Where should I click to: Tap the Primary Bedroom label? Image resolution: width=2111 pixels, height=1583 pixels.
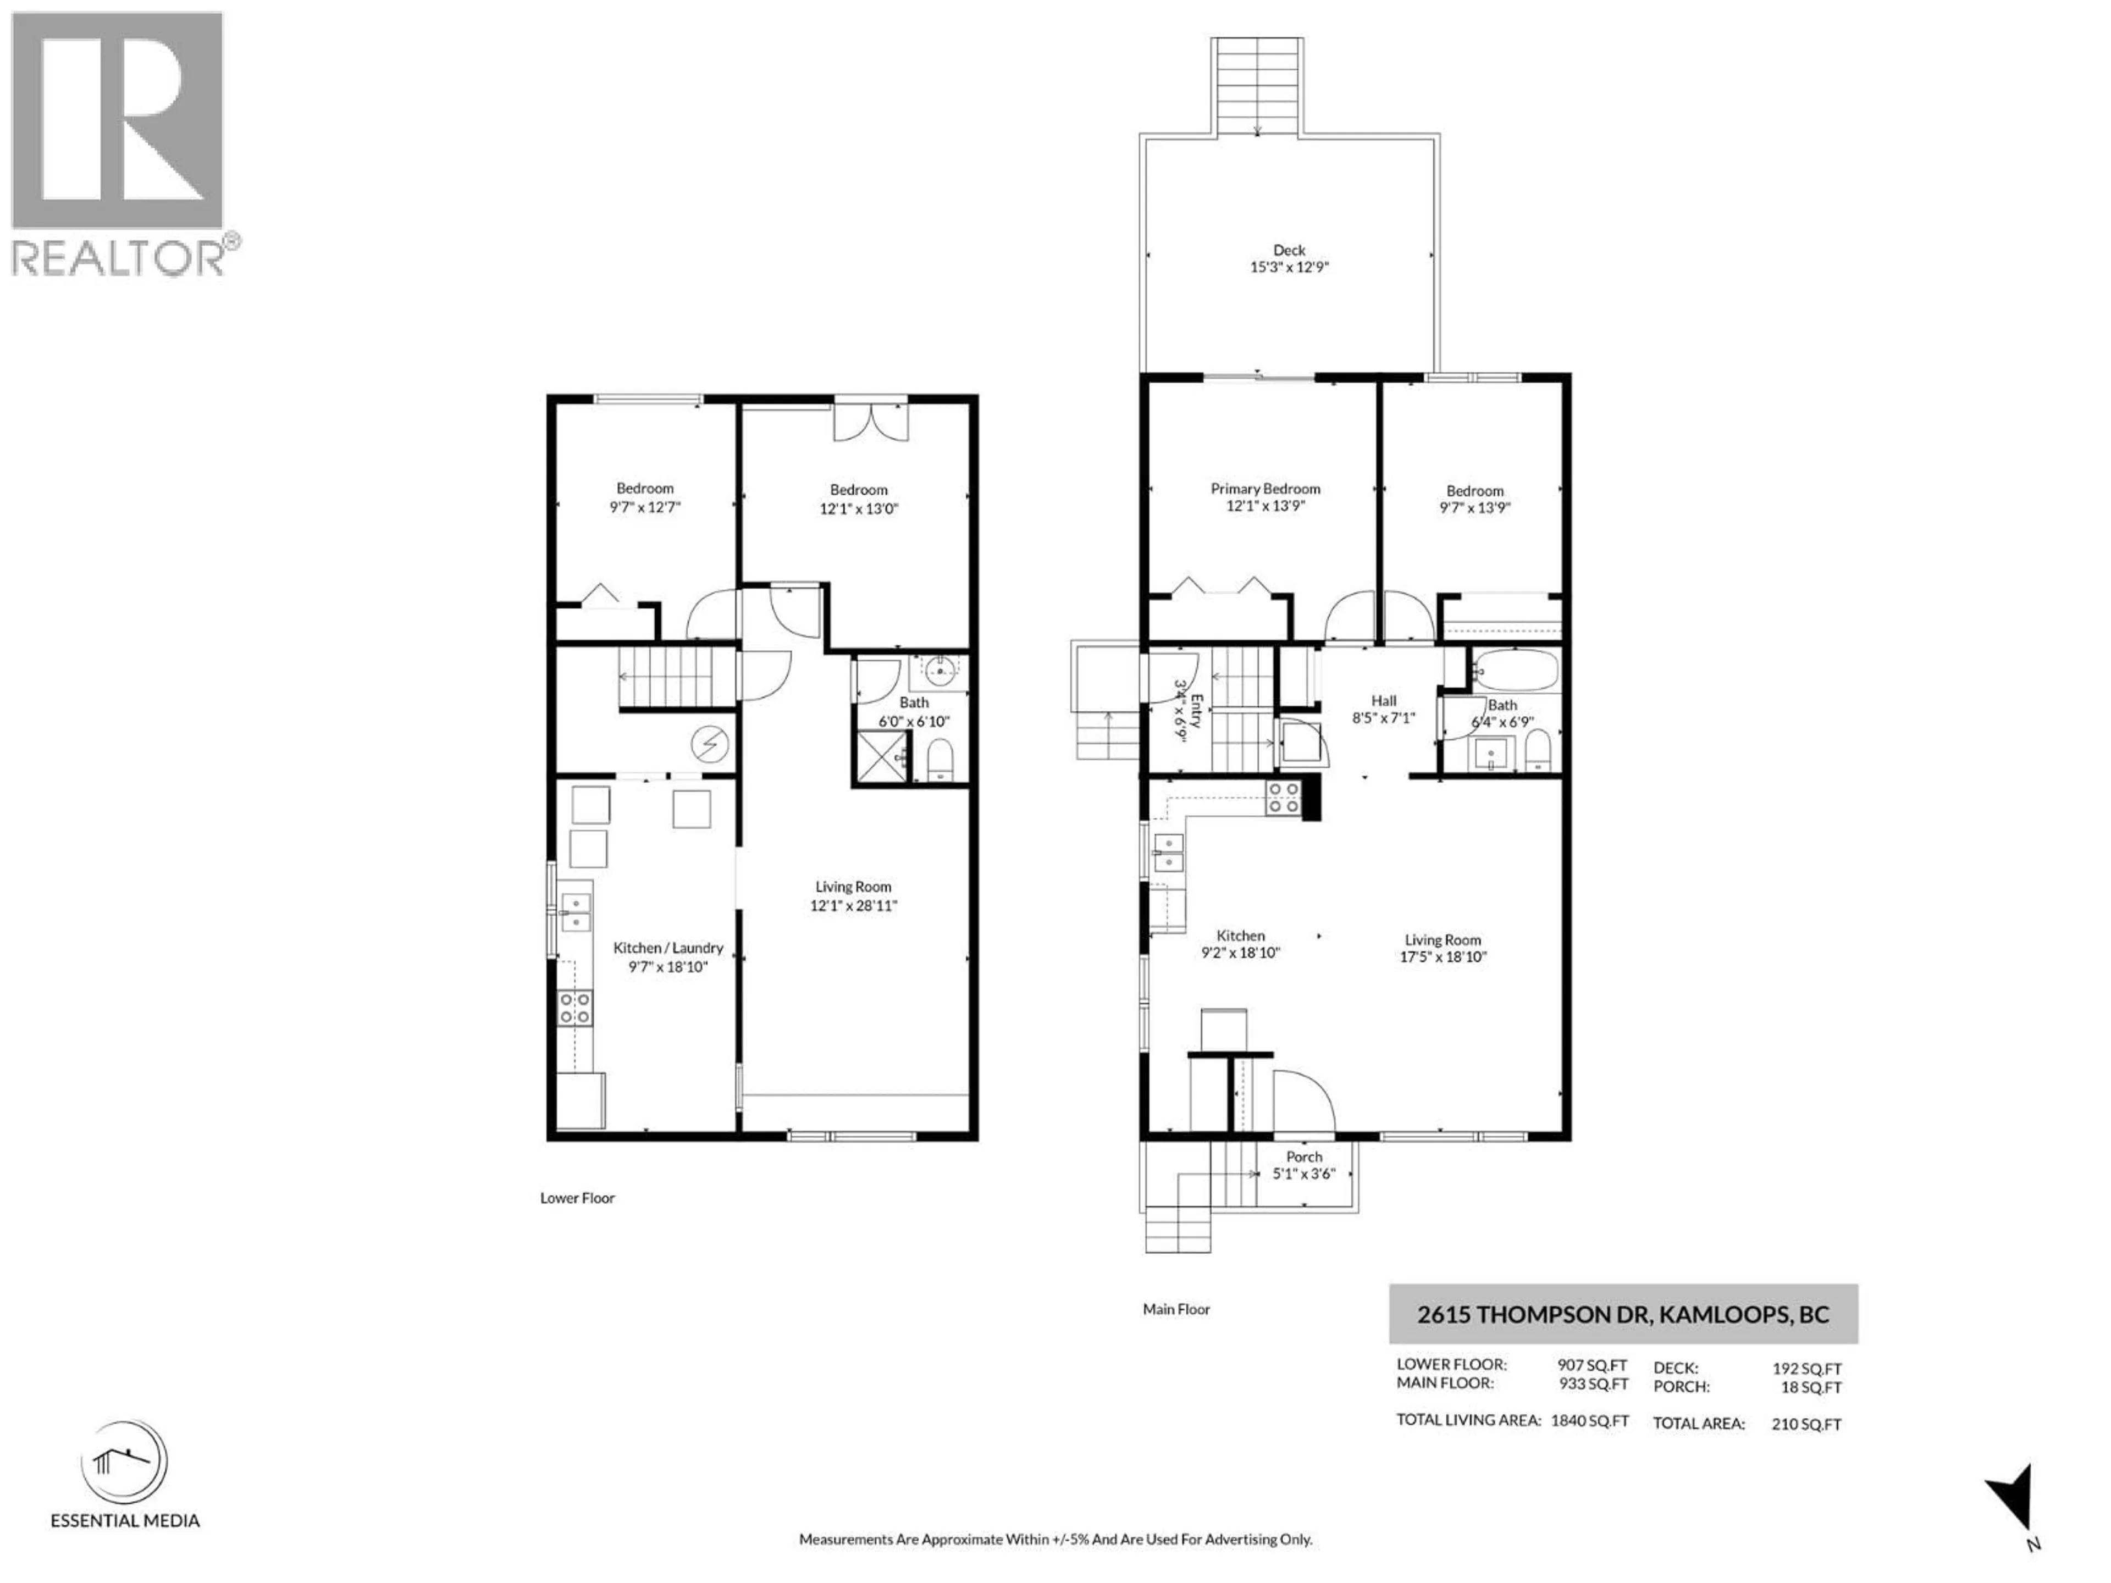point(1266,489)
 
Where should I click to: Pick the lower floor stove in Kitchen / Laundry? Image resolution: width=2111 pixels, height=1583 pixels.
point(574,1008)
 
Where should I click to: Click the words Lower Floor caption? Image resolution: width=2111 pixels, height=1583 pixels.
point(577,1198)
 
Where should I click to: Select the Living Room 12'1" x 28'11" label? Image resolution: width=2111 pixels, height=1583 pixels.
point(853,896)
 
